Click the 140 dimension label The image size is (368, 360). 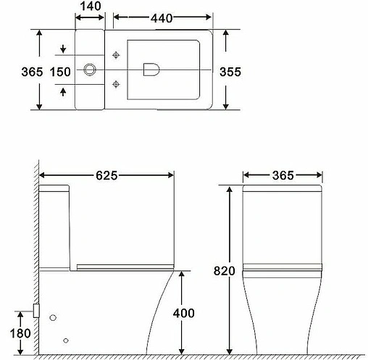(91, 6)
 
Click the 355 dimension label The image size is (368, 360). (229, 71)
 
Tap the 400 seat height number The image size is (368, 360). (186, 314)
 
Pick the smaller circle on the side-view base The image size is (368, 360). (67, 340)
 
